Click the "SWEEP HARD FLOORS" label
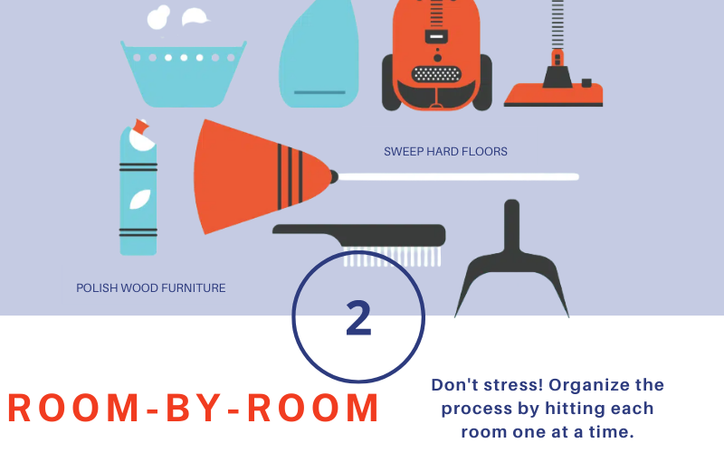point(445,152)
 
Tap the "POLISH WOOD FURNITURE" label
point(151,288)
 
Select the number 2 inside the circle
point(358,318)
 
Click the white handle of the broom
point(458,177)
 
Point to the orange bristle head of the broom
point(259,176)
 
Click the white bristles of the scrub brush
point(392,258)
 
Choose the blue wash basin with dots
point(184,74)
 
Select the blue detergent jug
point(319,54)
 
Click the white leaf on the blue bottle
point(140,199)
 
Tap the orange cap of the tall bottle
point(141,126)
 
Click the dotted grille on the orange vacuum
point(436,74)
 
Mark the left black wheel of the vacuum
point(391,82)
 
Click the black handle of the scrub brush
point(358,234)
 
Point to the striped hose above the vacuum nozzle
point(557,24)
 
